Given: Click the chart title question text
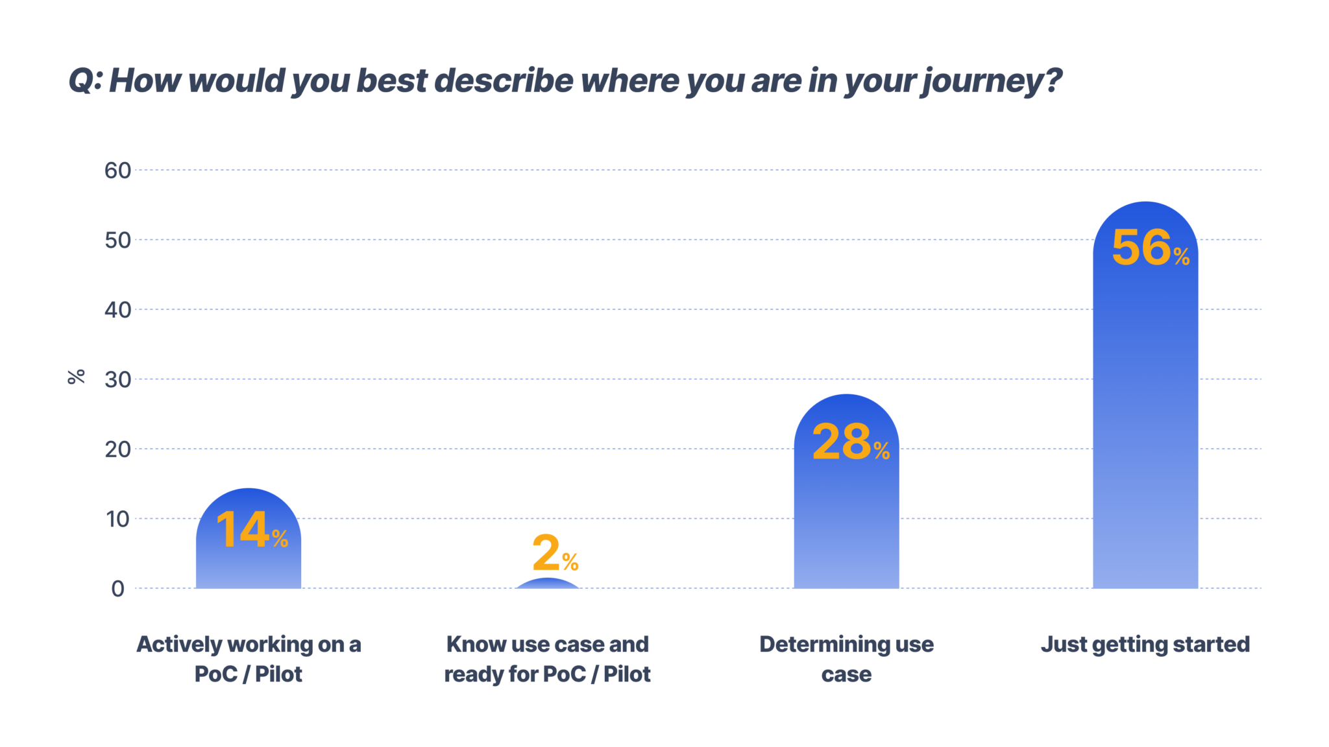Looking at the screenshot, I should [x=565, y=81].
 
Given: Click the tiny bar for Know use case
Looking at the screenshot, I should [x=548, y=584].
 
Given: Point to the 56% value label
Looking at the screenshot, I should [x=1151, y=248].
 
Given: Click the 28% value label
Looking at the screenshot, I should [x=851, y=443].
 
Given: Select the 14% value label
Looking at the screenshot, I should [x=252, y=530].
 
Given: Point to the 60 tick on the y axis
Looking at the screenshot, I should [x=117, y=171].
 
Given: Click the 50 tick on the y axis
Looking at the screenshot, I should [x=117, y=241].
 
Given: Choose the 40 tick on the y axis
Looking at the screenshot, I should [x=117, y=310].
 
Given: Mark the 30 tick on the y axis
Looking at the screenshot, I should [x=117, y=380].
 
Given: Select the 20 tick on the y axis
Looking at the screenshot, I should [x=117, y=449].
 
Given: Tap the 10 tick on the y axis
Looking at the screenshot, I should [x=117, y=519].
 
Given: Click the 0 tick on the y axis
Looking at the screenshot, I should [x=117, y=589].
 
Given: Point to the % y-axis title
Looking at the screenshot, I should [x=76, y=377].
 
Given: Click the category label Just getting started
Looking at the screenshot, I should [x=1145, y=645].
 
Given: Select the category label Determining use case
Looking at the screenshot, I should [x=846, y=659].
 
